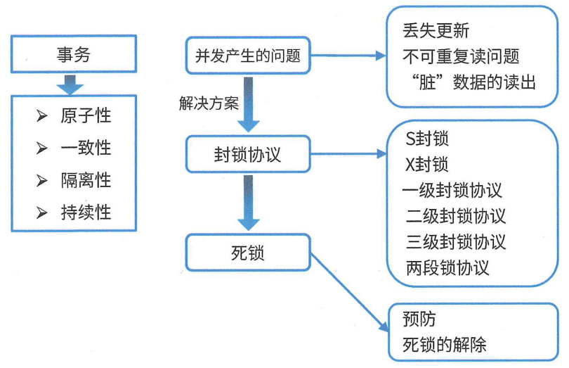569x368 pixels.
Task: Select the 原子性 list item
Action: pos(86,115)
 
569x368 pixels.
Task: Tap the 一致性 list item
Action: pos(86,148)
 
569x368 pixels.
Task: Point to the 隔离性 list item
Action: pos(86,180)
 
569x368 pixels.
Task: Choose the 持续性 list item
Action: pos(86,212)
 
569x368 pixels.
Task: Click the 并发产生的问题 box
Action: pos(248,56)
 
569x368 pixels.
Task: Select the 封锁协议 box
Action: pos(247,155)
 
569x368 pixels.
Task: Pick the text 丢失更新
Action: pos(436,31)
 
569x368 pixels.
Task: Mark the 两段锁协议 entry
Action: pos(447,268)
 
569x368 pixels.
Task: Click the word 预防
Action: pos(419,319)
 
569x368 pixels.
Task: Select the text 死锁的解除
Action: pos(444,345)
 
